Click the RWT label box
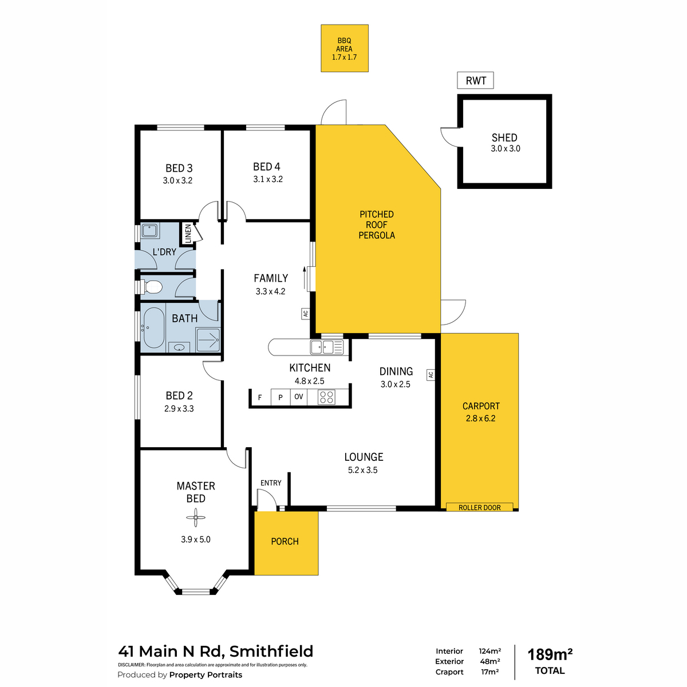coord(475,80)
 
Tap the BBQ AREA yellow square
coord(345,48)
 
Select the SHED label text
coord(504,137)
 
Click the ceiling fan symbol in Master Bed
coord(196,518)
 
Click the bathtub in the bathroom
coord(153,327)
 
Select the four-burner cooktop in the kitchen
coord(326,397)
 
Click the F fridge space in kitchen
coord(260,397)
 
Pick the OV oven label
coord(299,396)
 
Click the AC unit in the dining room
coord(431,374)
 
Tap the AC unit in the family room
coord(306,314)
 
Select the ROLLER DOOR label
coord(480,507)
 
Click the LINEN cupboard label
coord(188,233)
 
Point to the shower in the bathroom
coord(208,339)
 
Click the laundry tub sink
coord(150,231)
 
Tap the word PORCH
coord(285,542)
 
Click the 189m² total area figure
coord(550,654)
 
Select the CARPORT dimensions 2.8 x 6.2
coord(480,418)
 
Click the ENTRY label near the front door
coord(271,483)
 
